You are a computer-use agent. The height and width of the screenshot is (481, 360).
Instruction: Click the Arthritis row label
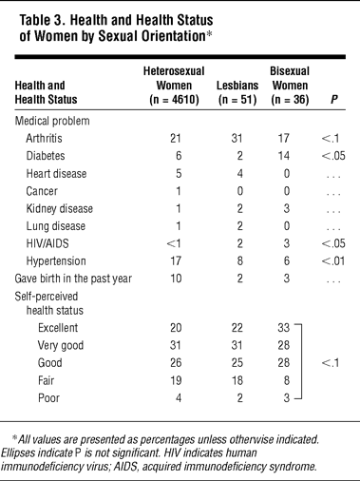(44, 139)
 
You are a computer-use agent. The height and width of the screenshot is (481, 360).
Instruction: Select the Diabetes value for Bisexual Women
(284, 156)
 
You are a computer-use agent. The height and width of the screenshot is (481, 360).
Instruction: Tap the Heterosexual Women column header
(174, 86)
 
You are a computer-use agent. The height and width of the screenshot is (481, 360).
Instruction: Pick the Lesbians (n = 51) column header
(237, 92)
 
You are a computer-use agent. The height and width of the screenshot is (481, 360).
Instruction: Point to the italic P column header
(334, 100)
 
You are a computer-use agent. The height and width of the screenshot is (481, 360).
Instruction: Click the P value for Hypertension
(333, 261)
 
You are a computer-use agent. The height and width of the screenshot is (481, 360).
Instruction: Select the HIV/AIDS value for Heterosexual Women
(174, 243)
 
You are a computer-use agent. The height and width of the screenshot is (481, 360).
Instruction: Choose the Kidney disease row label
(60, 209)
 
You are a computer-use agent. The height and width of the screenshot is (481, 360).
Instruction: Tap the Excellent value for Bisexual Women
(284, 328)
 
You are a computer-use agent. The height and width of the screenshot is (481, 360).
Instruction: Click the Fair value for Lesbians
(237, 380)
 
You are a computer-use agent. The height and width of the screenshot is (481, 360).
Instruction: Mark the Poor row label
(48, 398)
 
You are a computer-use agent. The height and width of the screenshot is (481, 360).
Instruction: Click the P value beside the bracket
(331, 363)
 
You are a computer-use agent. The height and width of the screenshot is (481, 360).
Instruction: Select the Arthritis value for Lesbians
(237, 139)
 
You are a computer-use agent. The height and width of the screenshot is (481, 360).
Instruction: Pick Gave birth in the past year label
(73, 279)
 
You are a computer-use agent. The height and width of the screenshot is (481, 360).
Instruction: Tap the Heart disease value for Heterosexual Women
(179, 174)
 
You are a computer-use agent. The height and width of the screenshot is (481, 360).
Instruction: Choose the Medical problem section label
(52, 121)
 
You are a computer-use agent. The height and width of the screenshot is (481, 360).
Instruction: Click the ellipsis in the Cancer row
(333, 194)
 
